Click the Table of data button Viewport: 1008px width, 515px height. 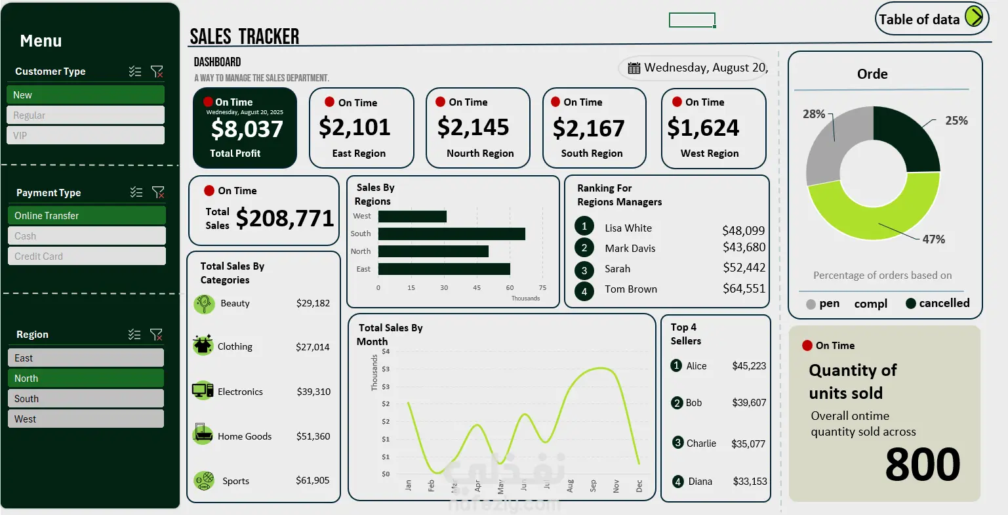[931, 19]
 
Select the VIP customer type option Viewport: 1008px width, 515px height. [85, 135]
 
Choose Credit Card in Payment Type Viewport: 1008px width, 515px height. [86, 256]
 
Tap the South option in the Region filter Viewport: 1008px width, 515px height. [85, 398]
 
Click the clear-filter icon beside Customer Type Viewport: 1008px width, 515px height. [157, 72]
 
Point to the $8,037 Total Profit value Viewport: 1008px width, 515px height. [247, 129]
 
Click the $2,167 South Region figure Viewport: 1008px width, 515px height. [588, 129]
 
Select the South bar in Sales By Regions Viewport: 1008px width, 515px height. [451, 234]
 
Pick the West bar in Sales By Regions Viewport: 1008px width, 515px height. [412, 216]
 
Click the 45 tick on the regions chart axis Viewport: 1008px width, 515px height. [477, 287]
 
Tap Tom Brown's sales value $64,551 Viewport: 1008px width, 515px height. [744, 289]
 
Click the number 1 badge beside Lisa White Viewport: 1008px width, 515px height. [584, 226]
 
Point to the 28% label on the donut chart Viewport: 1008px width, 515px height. [814, 114]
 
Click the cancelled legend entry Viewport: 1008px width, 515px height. [937, 303]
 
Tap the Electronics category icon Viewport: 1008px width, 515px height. [203, 390]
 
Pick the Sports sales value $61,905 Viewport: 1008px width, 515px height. [313, 480]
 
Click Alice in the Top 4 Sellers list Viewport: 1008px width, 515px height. [696, 366]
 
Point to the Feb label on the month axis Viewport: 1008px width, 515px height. [431, 485]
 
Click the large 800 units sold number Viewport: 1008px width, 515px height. [922, 464]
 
